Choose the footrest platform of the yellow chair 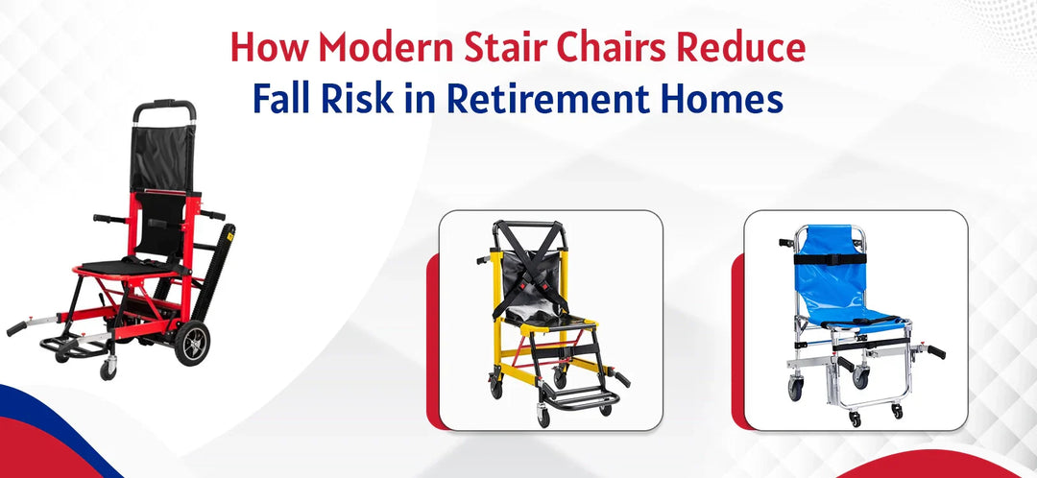pos(575,394)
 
